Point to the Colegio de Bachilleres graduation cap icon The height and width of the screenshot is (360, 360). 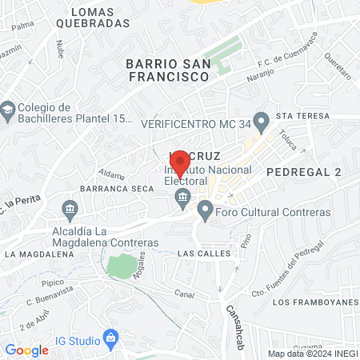pos(9,108)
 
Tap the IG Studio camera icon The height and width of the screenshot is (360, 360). pos(111,339)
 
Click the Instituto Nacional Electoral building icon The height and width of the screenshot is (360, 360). pos(182,197)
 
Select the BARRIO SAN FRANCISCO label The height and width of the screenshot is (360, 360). pos(168,70)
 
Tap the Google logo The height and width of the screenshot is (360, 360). pos(26,350)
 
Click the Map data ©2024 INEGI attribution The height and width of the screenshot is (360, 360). pos(312,354)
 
